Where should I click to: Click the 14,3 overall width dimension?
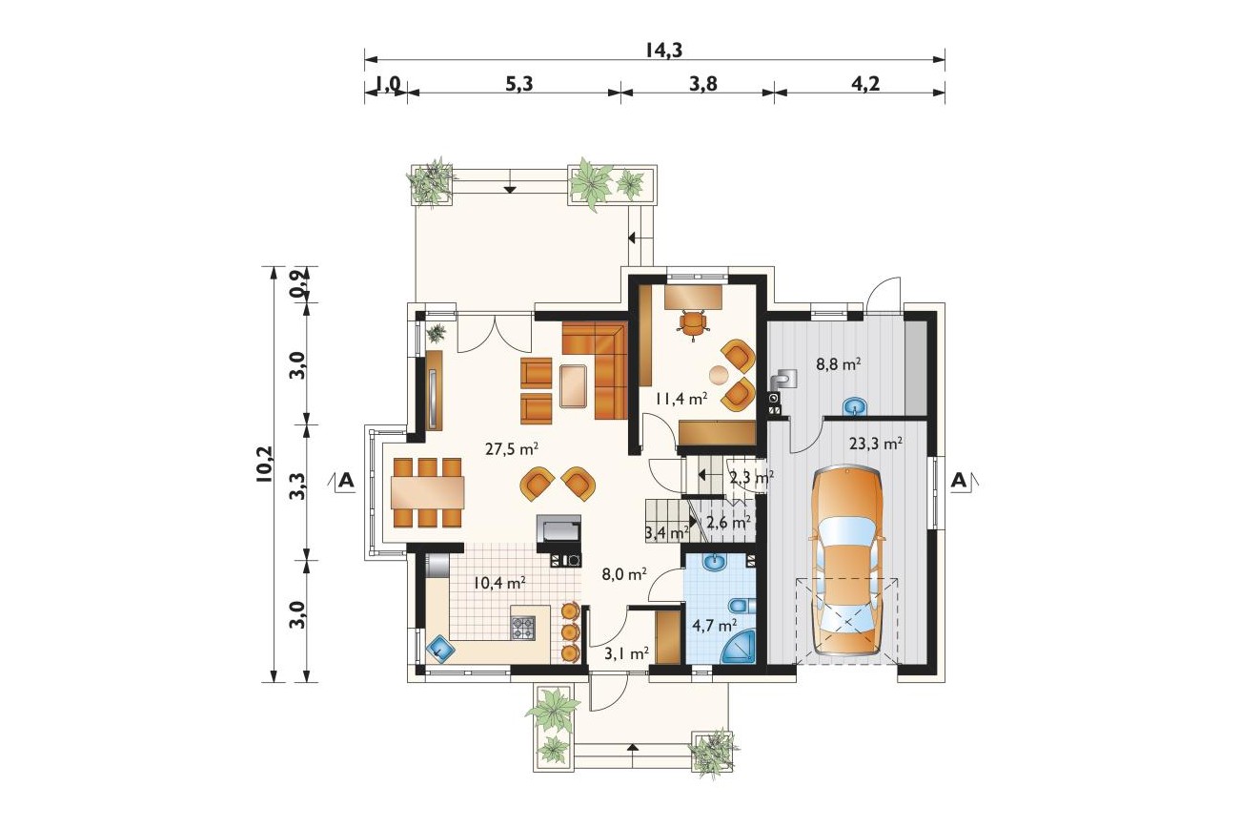pos(663,51)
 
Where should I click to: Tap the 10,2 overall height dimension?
pos(264,465)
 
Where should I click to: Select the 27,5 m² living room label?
pos(512,449)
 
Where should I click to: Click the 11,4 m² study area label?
pos(681,399)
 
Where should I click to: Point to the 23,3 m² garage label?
pos(877,444)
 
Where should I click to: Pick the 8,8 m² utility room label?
pos(839,364)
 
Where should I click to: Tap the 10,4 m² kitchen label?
pos(499,582)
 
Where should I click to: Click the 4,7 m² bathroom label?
pos(714,626)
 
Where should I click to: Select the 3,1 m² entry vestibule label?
pos(626,653)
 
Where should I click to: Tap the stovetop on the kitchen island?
pos(523,629)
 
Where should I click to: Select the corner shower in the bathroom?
pos(739,648)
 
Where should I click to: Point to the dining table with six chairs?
pos(427,492)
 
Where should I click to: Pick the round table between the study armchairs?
pos(720,376)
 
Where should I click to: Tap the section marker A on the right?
pos(959,481)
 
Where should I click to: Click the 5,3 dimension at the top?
pos(519,84)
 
